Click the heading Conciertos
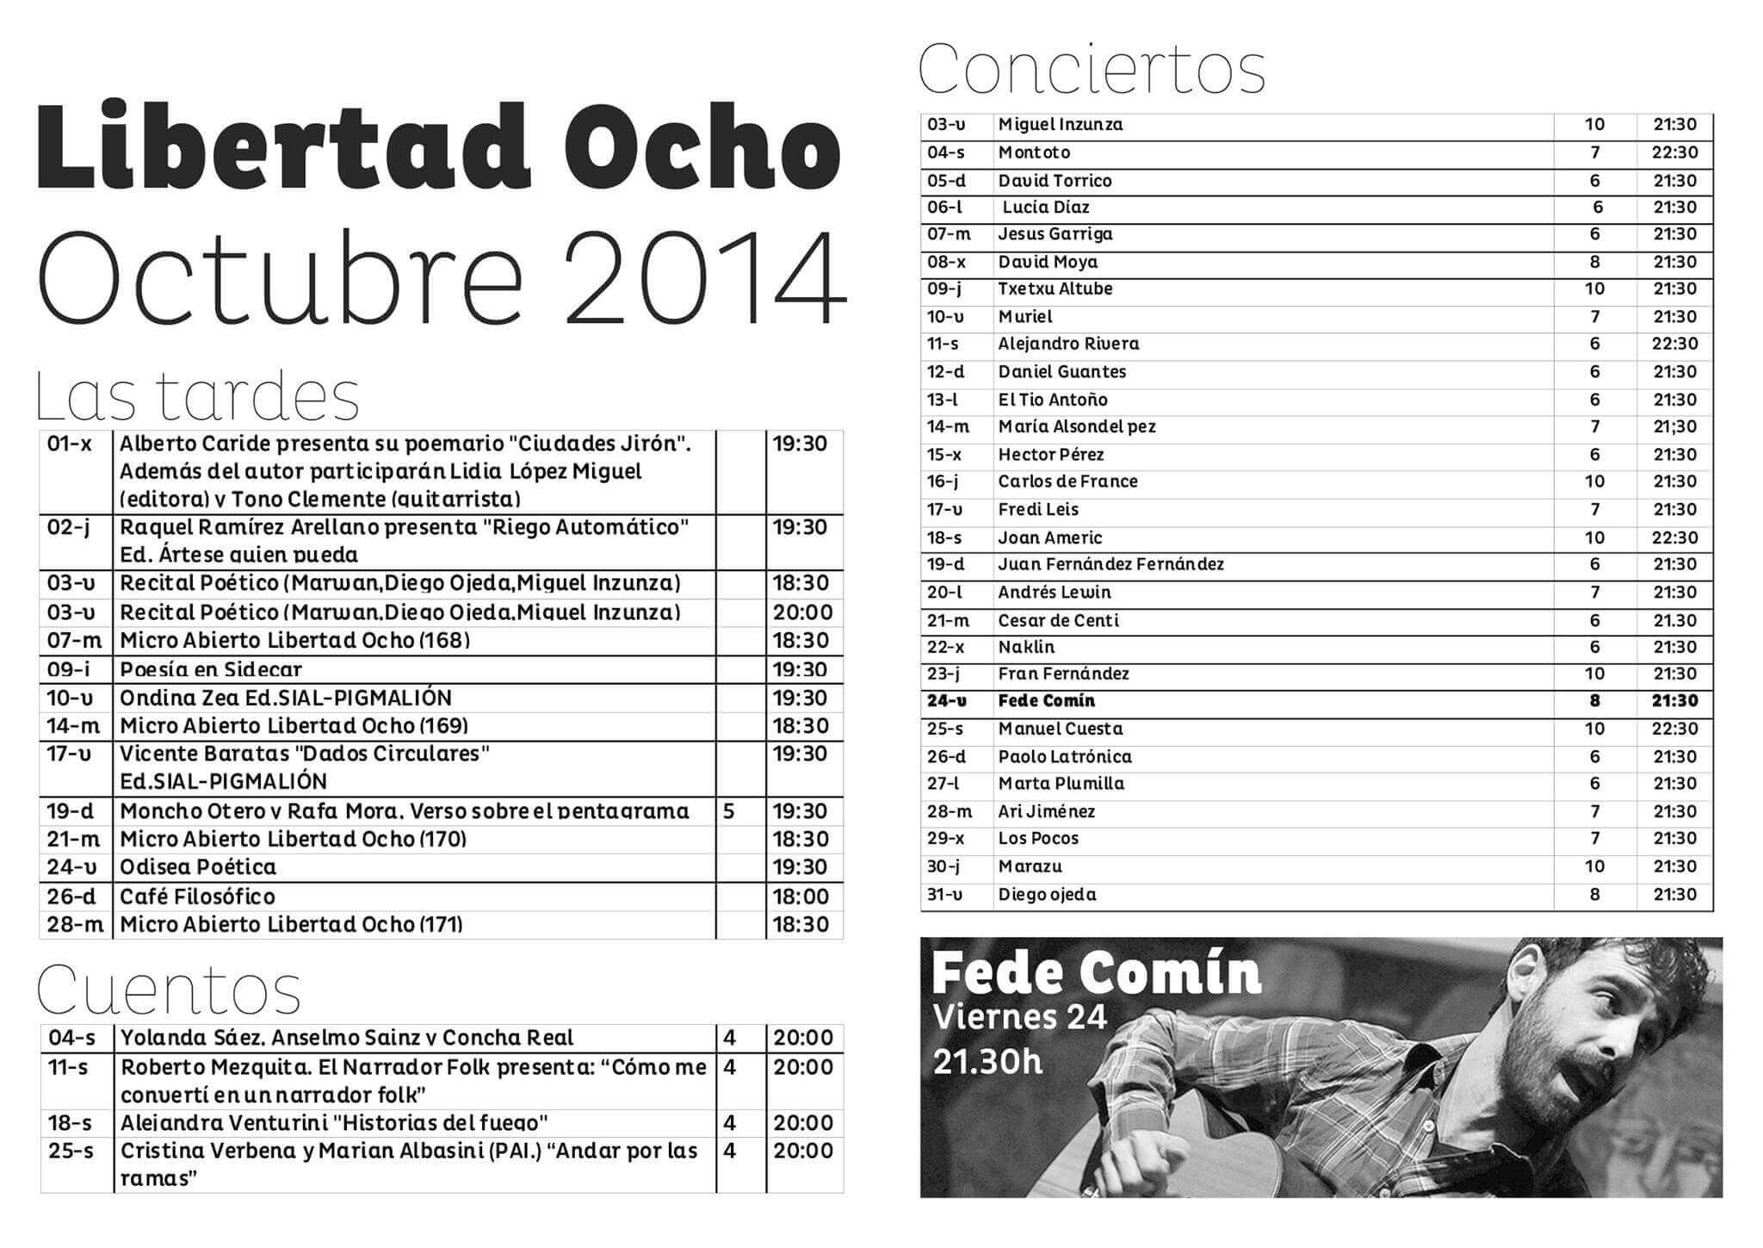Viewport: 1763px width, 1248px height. coord(1092,69)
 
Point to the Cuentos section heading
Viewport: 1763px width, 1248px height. coord(169,990)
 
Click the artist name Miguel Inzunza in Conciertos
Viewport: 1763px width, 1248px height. coord(1060,125)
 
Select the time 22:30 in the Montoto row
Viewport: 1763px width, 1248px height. coord(1674,152)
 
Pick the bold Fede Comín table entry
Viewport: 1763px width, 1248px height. coord(1046,701)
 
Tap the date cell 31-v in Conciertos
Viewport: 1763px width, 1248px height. coord(945,895)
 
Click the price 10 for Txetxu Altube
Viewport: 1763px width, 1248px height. coord(1594,289)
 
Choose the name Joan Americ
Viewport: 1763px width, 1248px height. coord(1049,538)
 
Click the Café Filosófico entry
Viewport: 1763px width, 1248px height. coord(197,897)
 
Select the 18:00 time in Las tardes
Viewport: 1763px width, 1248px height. coord(800,897)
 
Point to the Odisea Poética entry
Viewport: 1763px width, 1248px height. coord(198,867)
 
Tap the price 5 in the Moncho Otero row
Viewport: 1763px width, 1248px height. coord(729,811)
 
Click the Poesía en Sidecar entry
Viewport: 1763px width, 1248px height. coord(211,669)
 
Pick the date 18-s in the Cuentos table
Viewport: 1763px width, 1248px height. coord(71,1123)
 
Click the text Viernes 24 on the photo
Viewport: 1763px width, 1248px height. coord(1019,1018)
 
